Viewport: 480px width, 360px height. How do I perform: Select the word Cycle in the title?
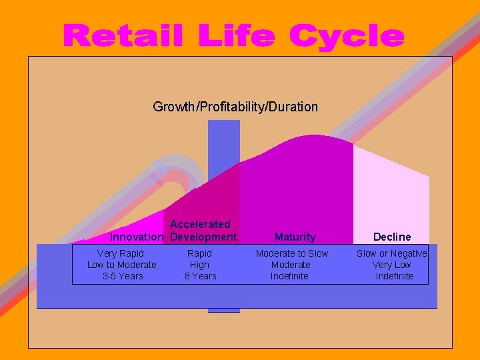pyautogui.click(x=347, y=36)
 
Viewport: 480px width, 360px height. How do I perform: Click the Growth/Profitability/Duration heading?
pyautogui.click(x=235, y=107)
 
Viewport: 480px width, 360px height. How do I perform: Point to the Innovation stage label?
pyautogui.click(x=137, y=237)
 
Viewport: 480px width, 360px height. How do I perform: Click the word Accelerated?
pyautogui.click(x=200, y=224)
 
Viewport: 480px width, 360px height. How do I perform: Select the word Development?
pyautogui.click(x=203, y=237)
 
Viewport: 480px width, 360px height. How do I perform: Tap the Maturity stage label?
pyautogui.click(x=295, y=237)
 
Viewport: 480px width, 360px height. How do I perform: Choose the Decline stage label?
pyautogui.click(x=392, y=237)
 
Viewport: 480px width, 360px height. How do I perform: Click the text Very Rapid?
pyautogui.click(x=120, y=253)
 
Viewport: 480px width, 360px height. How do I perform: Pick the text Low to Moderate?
pyautogui.click(x=122, y=265)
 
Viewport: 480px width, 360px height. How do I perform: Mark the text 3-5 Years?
pyautogui.click(x=123, y=276)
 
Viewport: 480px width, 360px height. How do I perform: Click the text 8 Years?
pyautogui.click(x=200, y=276)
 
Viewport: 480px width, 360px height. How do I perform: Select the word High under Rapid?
pyautogui.click(x=199, y=265)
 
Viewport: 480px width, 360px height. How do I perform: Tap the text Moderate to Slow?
pyautogui.click(x=292, y=253)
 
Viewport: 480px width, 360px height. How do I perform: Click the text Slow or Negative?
pyautogui.click(x=391, y=253)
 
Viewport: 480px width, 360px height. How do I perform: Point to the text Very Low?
pyautogui.click(x=391, y=265)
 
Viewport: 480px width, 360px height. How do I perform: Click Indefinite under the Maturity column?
pyautogui.click(x=289, y=276)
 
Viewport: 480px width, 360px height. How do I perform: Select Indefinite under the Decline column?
pyautogui.click(x=394, y=276)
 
